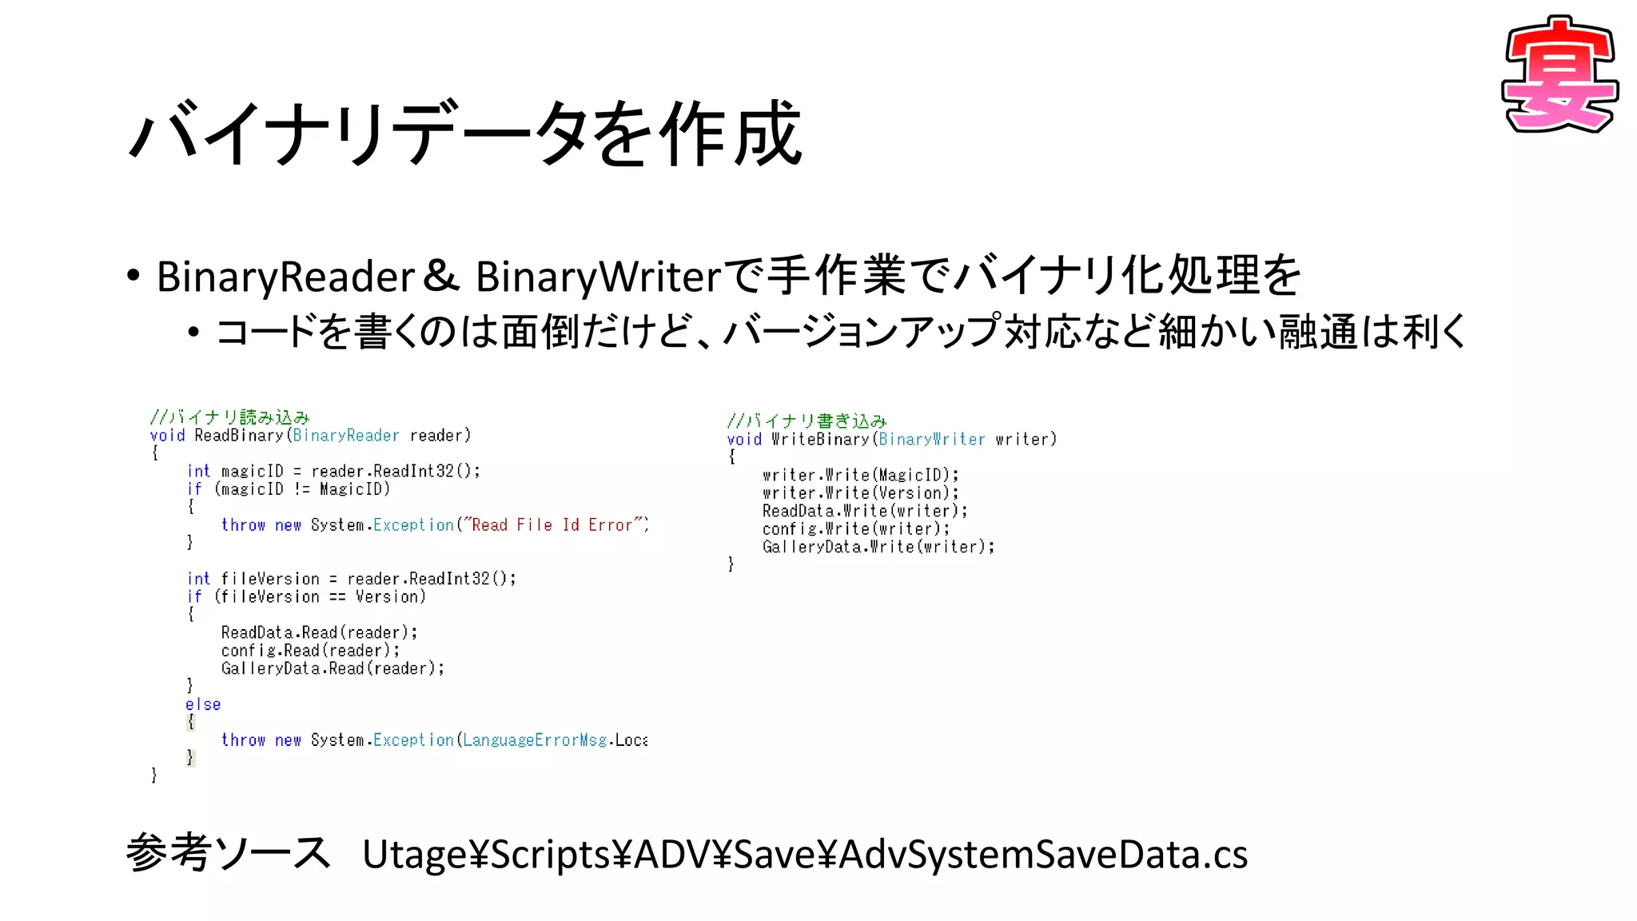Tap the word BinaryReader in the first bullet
[x=285, y=277]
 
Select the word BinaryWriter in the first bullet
[x=599, y=277]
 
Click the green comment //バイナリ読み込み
[x=229, y=417]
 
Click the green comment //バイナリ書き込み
[x=807, y=421]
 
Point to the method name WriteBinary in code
[x=820, y=439]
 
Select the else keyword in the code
[x=203, y=704]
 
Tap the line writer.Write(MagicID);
[x=860, y=475]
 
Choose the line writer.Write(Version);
[x=860, y=493]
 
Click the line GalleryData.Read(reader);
[x=333, y=668]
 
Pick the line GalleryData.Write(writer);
[x=878, y=547]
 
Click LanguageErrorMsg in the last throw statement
[x=535, y=740]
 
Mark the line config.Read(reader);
[x=310, y=651]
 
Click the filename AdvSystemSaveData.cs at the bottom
[x=1043, y=855]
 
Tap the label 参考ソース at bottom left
[x=228, y=853]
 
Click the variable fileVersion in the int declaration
[x=270, y=579]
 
